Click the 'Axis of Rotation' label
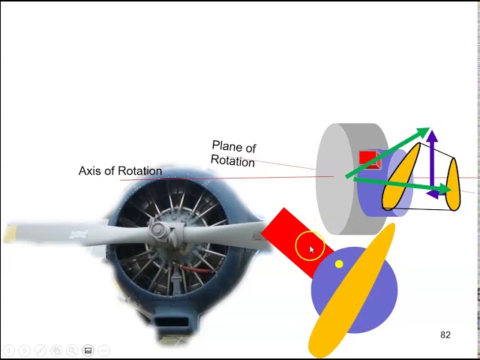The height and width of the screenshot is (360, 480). coord(120,171)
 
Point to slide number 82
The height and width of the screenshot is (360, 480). coord(445,334)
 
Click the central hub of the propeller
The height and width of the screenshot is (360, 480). coord(159,230)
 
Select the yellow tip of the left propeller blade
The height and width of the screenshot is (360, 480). coord(10,235)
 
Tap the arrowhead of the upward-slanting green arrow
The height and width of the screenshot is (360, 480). coord(422,133)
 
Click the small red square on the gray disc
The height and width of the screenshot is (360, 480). coord(368,159)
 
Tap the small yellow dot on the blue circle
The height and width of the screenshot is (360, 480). coord(339,264)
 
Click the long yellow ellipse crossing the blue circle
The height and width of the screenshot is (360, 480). coord(352,292)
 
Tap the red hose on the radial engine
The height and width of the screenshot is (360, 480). coord(196,268)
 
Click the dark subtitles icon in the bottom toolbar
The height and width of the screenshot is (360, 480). coord(88,350)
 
